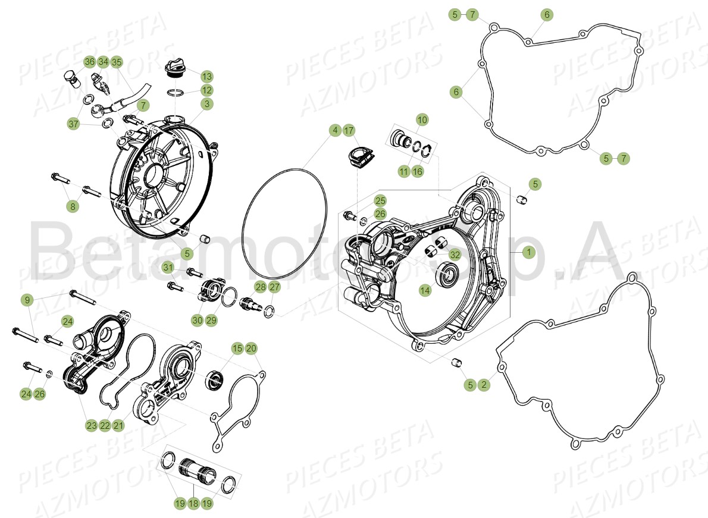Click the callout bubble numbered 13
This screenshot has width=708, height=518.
(206, 77)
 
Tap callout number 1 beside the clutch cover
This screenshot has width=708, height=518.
(527, 252)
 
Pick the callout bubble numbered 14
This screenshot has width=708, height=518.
(424, 290)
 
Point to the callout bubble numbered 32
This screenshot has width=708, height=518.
(455, 255)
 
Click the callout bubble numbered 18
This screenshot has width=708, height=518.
(193, 503)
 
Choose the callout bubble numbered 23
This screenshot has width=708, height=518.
(91, 426)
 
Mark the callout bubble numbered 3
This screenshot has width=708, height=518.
(206, 104)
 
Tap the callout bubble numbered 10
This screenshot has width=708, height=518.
(421, 120)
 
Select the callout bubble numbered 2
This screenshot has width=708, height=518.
(484, 385)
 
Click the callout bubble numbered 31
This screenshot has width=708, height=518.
(168, 266)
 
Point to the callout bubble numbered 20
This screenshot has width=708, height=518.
(250, 348)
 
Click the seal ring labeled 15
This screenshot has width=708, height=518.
(215, 379)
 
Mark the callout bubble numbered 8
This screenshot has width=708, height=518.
(73, 207)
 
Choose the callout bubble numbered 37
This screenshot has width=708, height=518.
(73, 124)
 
